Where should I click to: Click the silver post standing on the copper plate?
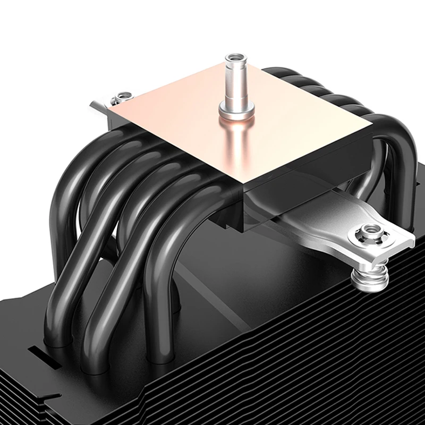233,85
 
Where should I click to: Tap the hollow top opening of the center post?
233,57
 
